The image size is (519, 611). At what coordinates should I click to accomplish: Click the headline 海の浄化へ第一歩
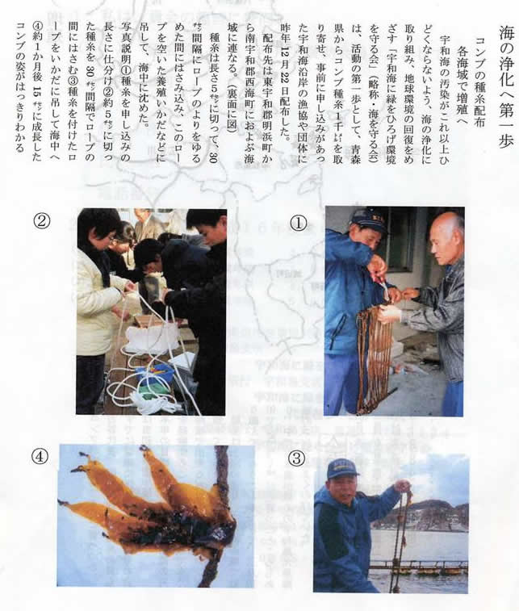click(506, 87)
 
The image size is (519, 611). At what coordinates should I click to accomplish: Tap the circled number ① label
click(299, 223)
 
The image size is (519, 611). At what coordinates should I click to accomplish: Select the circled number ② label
click(42, 221)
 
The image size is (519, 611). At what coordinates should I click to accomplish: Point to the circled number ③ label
click(295, 458)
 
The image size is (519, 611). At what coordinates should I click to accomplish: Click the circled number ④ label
click(40, 456)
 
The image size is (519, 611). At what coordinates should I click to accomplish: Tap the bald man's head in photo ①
click(447, 234)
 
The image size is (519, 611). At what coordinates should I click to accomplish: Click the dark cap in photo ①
click(367, 220)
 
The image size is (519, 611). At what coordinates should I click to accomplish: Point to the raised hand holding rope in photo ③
click(403, 487)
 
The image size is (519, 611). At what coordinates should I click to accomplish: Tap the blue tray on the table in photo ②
click(155, 374)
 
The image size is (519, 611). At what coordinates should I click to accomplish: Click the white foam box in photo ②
click(152, 340)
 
